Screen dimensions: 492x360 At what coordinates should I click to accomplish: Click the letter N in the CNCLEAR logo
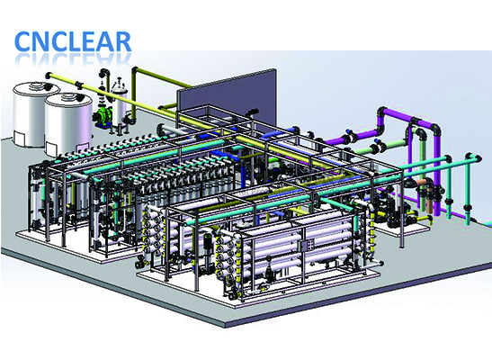[40, 41]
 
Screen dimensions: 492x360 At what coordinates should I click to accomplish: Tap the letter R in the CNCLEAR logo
[121, 41]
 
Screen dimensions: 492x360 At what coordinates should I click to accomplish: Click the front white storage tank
[68, 125]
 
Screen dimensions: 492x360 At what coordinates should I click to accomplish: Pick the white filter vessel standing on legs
[120, 103]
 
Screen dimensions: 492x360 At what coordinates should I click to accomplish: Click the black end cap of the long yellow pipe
[49, 76]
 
